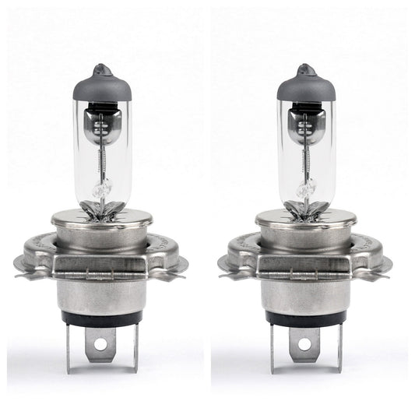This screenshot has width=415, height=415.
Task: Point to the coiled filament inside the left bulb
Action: point(102,160)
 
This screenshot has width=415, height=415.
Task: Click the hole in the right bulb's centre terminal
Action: point(304,343)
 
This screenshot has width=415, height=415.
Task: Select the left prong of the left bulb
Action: point(72,347)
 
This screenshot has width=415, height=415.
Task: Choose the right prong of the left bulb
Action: point(133,347)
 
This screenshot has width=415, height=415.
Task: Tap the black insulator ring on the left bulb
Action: point(101,318)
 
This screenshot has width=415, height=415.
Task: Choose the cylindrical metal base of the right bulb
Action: point(305,294)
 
